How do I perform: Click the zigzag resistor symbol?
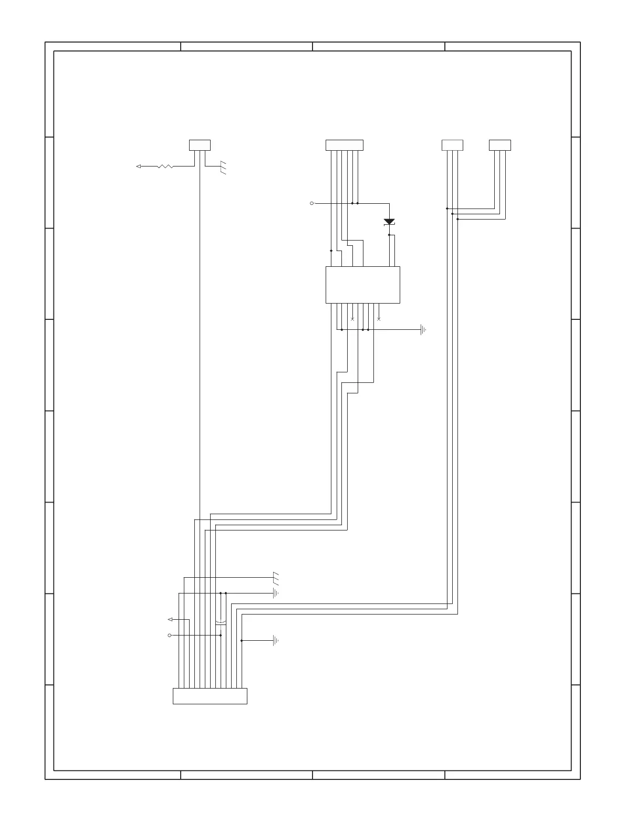(x=165, y=166)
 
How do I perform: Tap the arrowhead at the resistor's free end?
(x=138, y=166)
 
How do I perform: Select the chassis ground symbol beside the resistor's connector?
(x=224, y=168)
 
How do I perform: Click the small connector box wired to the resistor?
(x=200, y=145)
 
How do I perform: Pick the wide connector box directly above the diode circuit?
(x=344, y=145)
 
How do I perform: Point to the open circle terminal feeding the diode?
(x=312, y=203)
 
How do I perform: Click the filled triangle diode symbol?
(x=389, y=222)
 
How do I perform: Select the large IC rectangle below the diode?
(x=362, y=285)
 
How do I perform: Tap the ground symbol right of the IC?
(x=423, y=330)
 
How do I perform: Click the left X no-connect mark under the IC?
(x=352, y=319)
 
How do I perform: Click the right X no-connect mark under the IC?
(x=379, y=319)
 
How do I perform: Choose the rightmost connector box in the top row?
(x=499, y=145)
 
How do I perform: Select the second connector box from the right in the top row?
(x=452, y=145)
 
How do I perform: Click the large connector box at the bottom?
(x=210, y=696)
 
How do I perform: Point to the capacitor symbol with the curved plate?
(x=221, y=623)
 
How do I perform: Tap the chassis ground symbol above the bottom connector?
(x=276, y=578)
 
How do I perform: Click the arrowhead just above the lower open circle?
(x=170, y=620)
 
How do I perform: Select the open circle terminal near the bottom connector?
(x=170, y=636)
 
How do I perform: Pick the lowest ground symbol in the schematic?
(x=275, y=641)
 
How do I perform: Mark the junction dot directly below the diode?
(x=389, y=235)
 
